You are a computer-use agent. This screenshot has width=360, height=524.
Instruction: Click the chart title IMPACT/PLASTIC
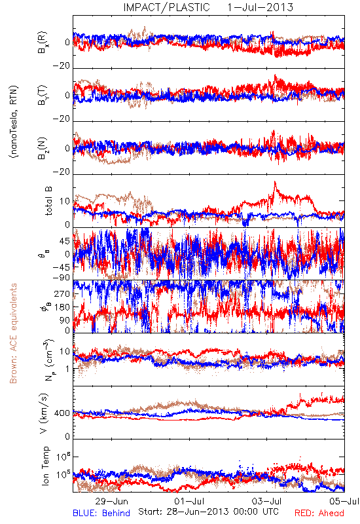click(x=166, y=7)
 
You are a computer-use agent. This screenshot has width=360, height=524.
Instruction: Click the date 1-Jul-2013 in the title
click(x=260, y=7)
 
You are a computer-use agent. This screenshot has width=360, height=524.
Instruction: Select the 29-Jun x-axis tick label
click(x=111, y=501)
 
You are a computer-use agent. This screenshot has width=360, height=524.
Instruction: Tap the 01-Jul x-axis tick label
click(x=189, y=501)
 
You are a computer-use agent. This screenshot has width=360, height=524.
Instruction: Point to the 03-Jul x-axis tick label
click(x=267, y=501)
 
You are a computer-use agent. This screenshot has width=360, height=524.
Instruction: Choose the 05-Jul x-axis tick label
click(x=344, y=501)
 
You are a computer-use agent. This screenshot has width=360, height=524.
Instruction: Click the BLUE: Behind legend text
click(x=101, y=513)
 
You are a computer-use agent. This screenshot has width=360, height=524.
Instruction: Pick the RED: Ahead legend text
click(x=319, y=513)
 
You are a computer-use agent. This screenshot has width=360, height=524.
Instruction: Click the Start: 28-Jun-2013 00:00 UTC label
click(x=208, y=512)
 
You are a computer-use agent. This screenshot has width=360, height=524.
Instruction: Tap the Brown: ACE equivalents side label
click(x=13, y=333)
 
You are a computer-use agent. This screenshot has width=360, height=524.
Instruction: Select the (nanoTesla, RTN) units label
click(x=14, y=122)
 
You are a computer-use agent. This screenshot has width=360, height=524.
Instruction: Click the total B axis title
click(x=48, y=201)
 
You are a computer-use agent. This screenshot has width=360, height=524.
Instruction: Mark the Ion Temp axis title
click(x=45, y=466)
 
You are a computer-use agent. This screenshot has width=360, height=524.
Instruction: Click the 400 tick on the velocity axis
click(x=62, y=413)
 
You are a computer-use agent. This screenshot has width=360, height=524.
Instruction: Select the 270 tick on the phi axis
click(x=62, y=293)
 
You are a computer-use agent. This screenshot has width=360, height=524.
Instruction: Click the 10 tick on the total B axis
click(x=65, y=201)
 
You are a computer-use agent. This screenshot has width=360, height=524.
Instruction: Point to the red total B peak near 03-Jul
click(x=275, y=182)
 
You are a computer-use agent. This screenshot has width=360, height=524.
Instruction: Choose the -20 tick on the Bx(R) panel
click(x=62, y=66)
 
